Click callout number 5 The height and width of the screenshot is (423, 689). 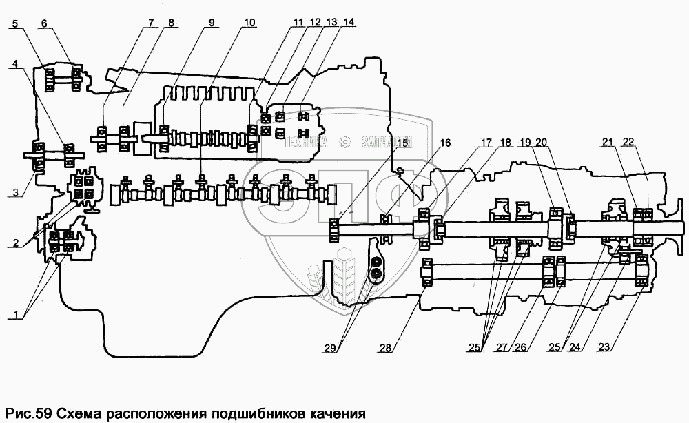tap(15, 23)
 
